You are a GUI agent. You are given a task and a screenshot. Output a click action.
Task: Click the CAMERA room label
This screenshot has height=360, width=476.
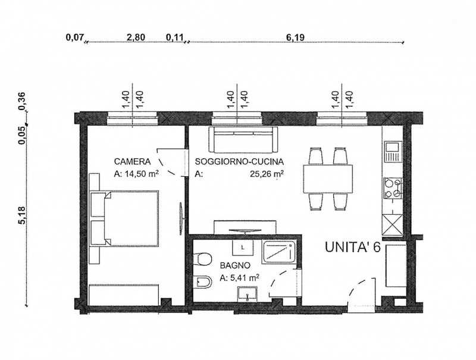coord(132,161)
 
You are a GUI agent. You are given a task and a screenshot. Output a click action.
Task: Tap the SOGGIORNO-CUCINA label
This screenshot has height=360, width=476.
coord(240,162)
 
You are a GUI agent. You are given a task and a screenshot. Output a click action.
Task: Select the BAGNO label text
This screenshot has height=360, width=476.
coord(235,265)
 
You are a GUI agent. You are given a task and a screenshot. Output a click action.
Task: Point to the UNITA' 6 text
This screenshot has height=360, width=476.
coord(352,247)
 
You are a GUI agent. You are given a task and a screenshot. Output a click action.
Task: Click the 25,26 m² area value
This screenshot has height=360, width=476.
coord(267,174)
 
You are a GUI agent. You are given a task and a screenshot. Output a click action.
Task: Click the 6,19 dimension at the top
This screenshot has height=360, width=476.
coord(295,37)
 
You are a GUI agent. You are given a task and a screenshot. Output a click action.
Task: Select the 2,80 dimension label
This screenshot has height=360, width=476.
coord(136,37)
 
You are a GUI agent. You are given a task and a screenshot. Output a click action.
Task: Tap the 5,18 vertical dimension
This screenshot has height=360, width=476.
coord(22,215)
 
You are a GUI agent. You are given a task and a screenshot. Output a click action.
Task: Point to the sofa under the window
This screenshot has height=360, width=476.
coord(243,140)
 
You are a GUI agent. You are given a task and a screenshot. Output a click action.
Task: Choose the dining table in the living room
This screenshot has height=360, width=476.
coord(328,179)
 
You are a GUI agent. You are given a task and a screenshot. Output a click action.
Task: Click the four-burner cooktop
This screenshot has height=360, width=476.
coord(393,188)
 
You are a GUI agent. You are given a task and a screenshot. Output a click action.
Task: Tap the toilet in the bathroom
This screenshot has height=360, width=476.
coord(202,259)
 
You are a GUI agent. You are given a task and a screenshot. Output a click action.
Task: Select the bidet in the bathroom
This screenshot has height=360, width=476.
coord(202,282)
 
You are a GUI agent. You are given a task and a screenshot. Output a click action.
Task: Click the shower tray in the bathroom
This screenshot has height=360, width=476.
coord(279,252)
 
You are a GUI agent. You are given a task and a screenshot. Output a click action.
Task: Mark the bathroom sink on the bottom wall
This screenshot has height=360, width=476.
coord(248,293)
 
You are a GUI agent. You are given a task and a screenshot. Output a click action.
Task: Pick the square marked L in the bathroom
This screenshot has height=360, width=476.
coord(243,248)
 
